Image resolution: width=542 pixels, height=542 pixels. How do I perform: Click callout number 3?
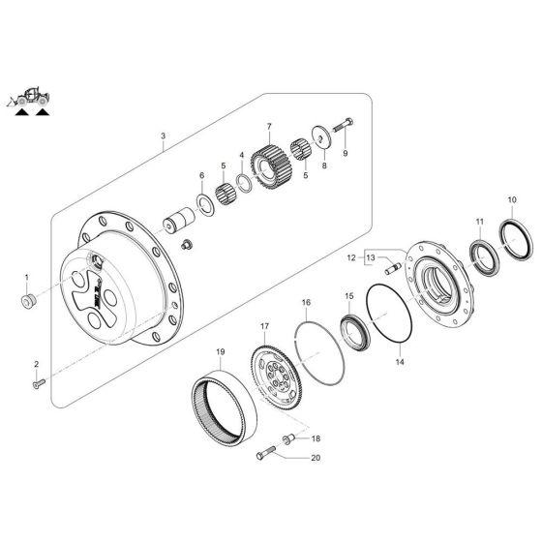pos(164,137)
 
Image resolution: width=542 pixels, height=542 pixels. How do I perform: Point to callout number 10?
pos(510,201)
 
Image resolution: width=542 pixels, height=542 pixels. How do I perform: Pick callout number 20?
pos(315,459)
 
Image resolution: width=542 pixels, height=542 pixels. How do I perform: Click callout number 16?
pos(306,303)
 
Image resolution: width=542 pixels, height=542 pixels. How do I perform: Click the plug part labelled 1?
pos(27,298)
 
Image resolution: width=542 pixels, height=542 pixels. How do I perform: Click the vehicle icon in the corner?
pos(32,100)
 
